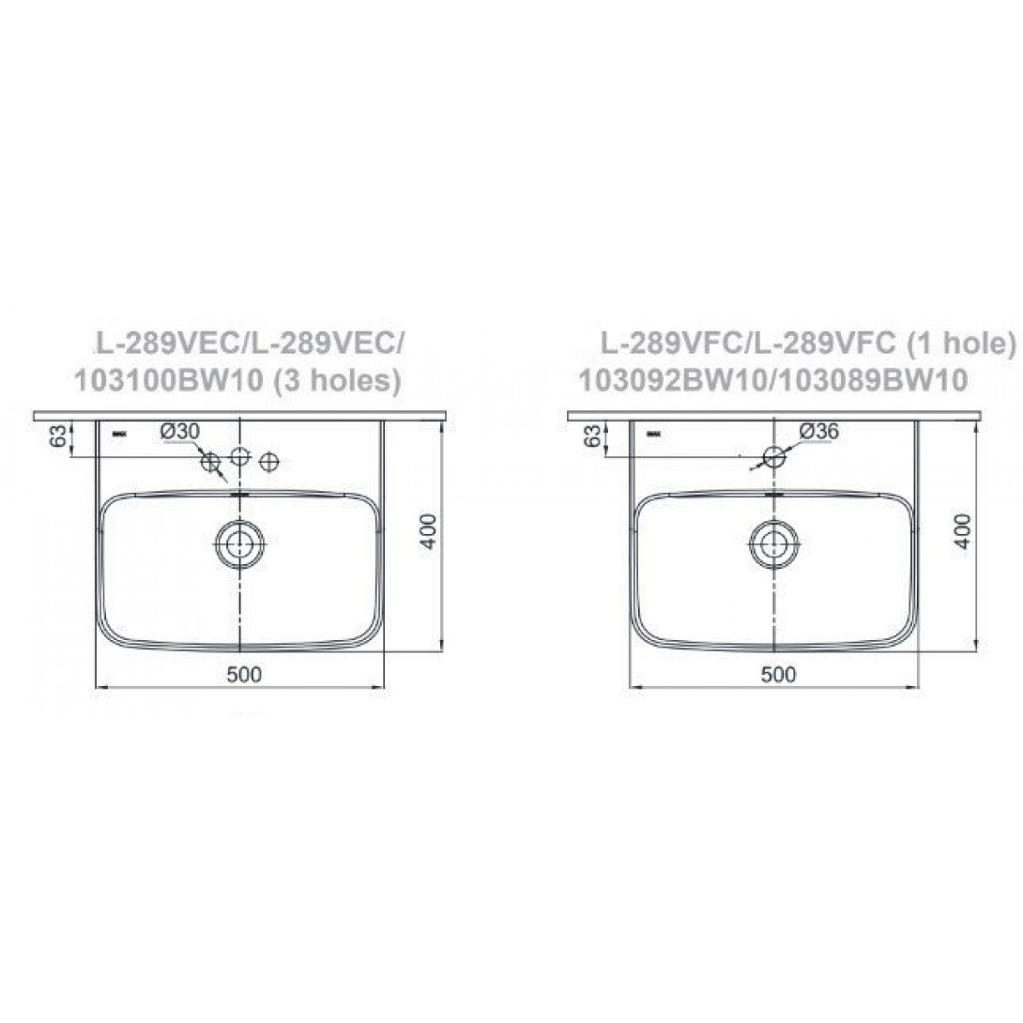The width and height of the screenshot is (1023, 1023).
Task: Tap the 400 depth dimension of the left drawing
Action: (x=428, y=531)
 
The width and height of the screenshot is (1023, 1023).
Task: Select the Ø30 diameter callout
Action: (x=180, y=431)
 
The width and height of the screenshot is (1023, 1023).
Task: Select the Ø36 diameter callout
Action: (x=818, y=431)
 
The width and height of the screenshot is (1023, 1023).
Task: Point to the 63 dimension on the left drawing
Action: (x=58, y=436)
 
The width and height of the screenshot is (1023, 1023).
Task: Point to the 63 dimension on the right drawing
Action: (x=593, y=436)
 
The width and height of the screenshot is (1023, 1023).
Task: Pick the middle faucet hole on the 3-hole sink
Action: (x=240, y=458)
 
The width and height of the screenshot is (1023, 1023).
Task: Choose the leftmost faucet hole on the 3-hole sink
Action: (x=211, y=461)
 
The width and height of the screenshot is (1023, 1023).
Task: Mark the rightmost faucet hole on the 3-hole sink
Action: (x=270, y=461)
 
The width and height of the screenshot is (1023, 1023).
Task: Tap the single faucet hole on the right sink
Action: (x=774, y=457)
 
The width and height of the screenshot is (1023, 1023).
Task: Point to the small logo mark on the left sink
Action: (x=120, y=434)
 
